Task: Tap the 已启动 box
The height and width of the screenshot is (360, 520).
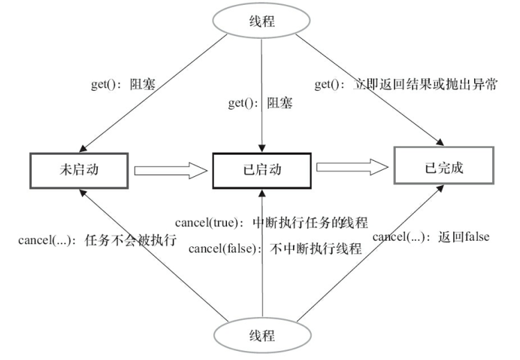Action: pyautogui.click(x=262, y=169)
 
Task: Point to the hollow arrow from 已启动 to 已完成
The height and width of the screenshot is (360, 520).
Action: pyautogui.click(x=351, y=167)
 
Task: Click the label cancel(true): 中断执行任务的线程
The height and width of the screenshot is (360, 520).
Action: pyautogui.click(x=271, y=223)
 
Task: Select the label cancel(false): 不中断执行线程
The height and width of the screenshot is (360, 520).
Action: pyautogui.click(x=275, y=248)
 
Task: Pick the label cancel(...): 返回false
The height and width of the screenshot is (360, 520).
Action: pyautogui.click(x=430, y=236)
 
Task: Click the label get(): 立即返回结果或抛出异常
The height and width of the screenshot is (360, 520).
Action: pyautogui.click(x=406, y=85)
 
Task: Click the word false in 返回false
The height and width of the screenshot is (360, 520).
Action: pyautogui.click(x=476, y=236)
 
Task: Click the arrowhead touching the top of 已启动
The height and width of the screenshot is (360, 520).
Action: pyautogui.click(x=262, y=148)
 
